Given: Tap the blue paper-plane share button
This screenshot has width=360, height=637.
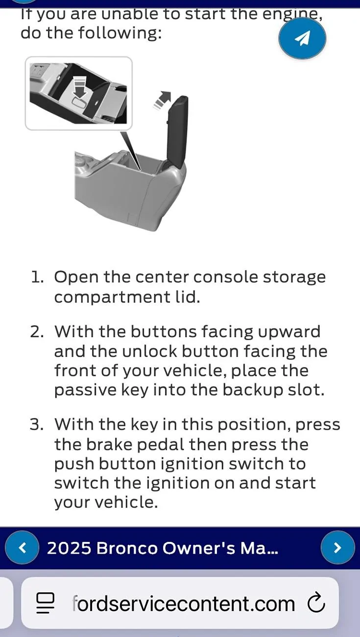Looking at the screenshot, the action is [302, 38].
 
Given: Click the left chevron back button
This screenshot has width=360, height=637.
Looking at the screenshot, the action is [22, 547].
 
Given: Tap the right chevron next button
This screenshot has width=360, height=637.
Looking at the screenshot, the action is [337, 547].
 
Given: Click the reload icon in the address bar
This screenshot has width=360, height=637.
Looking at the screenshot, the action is [316, 602].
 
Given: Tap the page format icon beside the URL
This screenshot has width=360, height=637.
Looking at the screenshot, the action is [45, 603].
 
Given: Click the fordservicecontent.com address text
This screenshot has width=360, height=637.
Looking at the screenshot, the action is [183, 604].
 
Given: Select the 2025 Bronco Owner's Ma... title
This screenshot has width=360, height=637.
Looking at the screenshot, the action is [163, 548].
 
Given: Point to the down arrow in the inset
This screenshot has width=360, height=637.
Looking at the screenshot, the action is [80, 88].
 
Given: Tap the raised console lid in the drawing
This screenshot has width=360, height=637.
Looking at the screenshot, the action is [177, 132].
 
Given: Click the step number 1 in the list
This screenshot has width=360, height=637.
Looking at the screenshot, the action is [37, 277].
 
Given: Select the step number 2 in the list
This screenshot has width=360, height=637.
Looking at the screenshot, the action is [37, 332].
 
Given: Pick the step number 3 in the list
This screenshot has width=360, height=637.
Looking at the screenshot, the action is [37, 424].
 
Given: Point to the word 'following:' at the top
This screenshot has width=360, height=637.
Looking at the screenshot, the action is [120, 33].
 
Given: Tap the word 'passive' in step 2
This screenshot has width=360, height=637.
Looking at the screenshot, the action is [85, 390].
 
